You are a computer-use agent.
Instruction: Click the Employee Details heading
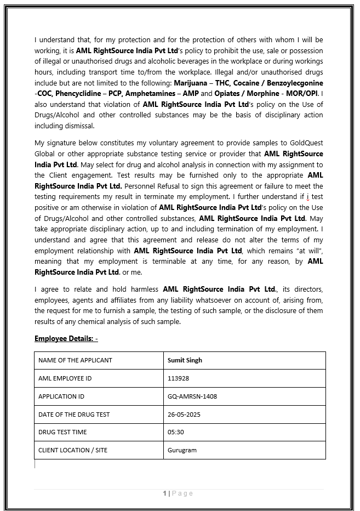click(x=66, y=338)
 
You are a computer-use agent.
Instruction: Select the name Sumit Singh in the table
click(x=185, y=360)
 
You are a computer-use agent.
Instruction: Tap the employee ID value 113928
click(x=178, y=378)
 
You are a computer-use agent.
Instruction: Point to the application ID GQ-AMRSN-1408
click(x=192, y=396)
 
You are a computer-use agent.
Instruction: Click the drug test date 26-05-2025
click(x=184, y=415)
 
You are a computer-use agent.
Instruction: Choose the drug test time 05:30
click(x=175, y=432)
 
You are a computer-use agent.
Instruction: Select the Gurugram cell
click(x=182, y=450)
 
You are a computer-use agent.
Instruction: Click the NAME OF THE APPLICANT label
click(x=75, y=360)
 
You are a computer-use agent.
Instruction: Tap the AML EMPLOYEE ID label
click(x=65, y=378)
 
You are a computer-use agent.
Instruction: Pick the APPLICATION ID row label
click(x=61, y=396)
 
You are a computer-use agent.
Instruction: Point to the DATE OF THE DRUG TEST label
click(x=74, y=415)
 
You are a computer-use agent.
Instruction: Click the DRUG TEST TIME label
click(x=62, y=432)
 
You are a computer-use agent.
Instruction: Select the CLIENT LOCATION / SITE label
click(x=73, y=450)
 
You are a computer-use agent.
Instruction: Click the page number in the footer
click(x=164, y=493)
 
